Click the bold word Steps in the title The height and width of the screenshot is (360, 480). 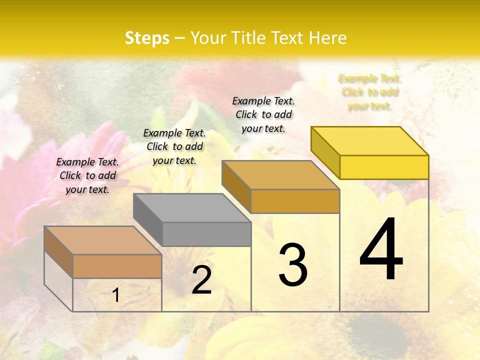point(147,38)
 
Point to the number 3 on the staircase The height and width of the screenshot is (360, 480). point(293,265)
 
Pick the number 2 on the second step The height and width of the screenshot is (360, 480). point(201,280)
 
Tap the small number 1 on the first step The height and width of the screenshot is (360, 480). point(116,295)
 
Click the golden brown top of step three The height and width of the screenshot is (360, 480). point(281,175)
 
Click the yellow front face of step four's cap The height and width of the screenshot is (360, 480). point(384,167)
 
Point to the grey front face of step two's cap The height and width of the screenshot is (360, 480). point(206,234)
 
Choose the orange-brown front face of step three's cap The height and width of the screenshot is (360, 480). point(295,201)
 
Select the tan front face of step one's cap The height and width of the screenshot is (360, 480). point(117,266)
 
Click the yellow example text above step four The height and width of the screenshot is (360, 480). point(369,92)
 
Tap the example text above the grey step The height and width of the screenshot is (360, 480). point(174,146)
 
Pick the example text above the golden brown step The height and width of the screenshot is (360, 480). point(263,114)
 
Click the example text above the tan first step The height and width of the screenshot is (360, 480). point(87,175)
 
